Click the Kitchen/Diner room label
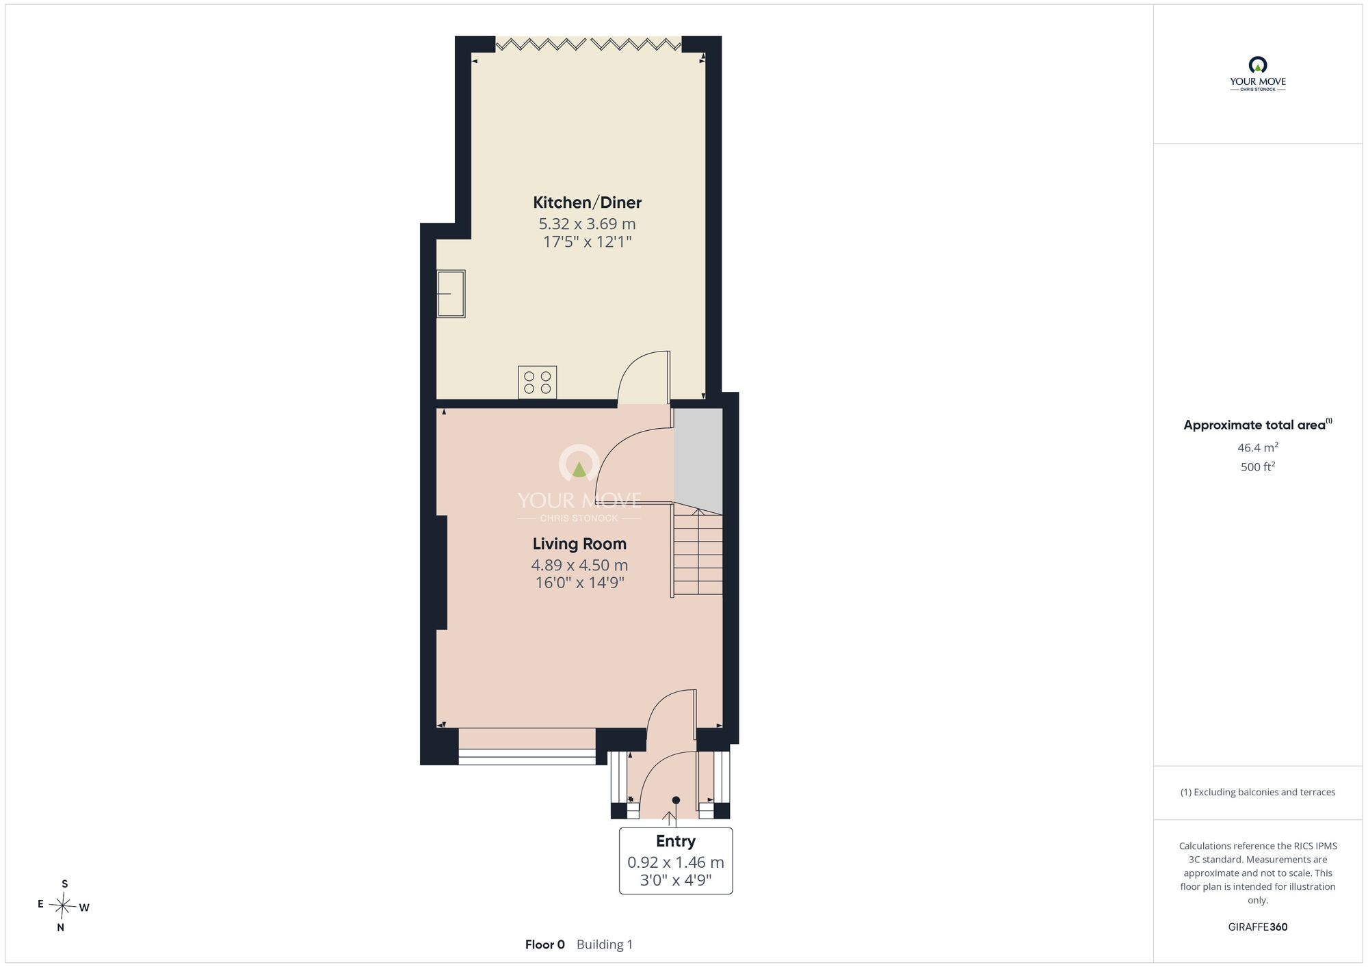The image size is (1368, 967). [588, 202]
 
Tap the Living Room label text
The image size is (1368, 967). [579, 544]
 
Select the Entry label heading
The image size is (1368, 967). [676, 841]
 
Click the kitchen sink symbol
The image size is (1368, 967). [451, 294]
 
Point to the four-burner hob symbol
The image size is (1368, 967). [538, 382]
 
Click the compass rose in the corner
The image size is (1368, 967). [63, 907]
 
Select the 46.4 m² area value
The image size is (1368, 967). [1258, 448]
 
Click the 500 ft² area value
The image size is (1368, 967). [1258, 467]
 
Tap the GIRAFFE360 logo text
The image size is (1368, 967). [1258, 927]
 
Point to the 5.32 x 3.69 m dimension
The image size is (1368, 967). [588, 224]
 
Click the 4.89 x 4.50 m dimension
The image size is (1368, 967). [579, 565]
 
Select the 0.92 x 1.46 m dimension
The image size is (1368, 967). [676, 863]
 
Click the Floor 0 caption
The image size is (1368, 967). [545, 944]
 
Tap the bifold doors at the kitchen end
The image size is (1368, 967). [588, 44]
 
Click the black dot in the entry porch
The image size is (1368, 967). [676, 800]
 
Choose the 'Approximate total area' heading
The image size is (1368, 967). [1258, 425]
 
